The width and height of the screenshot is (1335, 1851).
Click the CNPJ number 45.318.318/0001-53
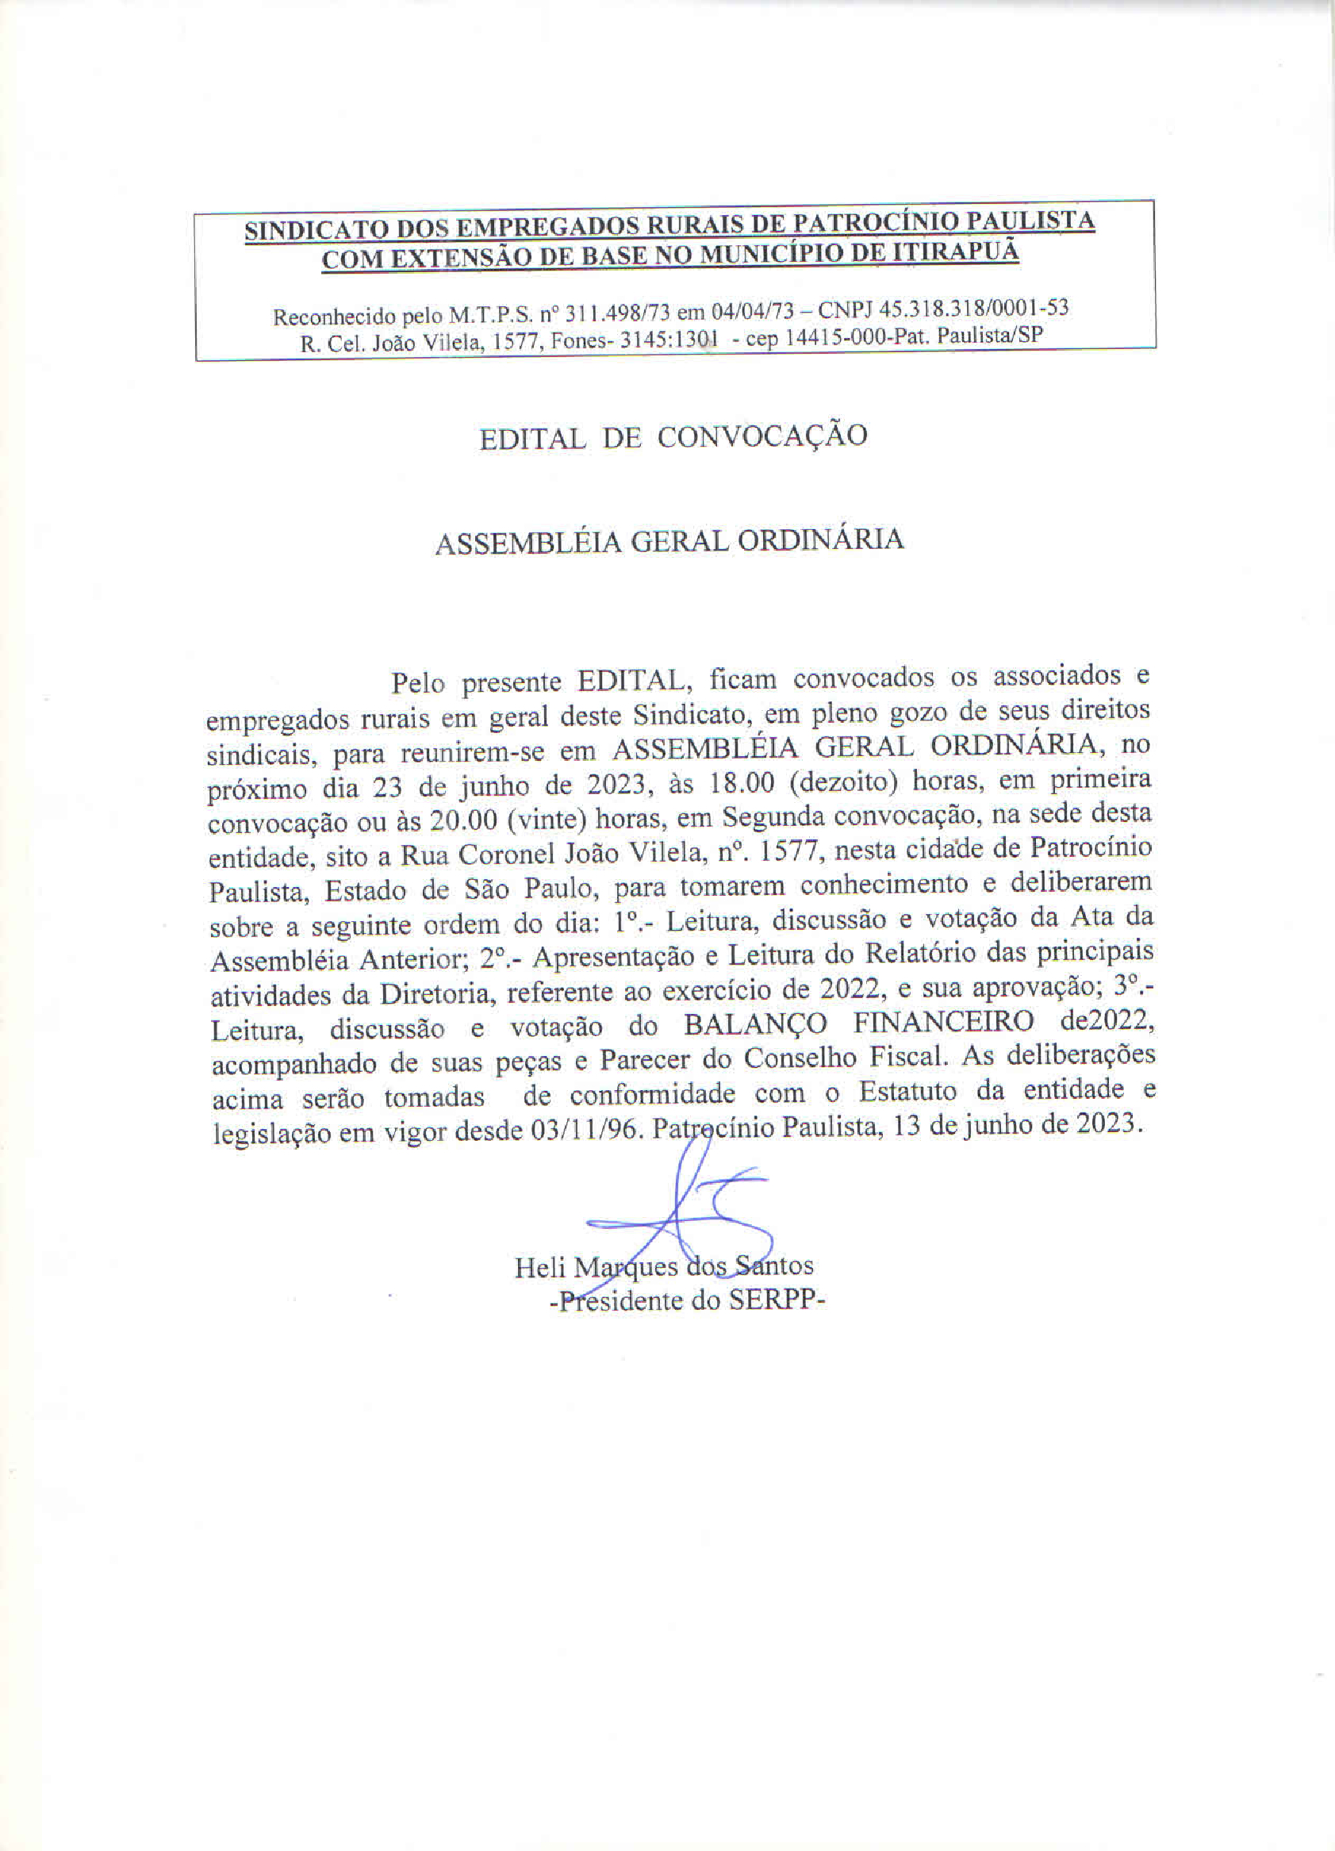click(972, 309)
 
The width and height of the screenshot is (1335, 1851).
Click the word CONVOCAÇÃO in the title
click(762, 436)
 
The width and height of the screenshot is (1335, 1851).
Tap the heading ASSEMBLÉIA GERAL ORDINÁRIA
click(669, 540)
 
